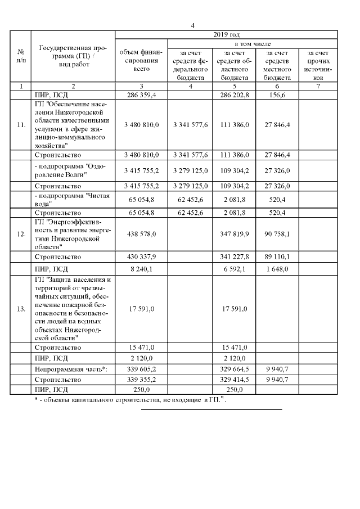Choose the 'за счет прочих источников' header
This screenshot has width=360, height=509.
tap(318, 65)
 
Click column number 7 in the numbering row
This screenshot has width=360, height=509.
tap(318, 86)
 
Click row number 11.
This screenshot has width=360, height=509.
tap(21, 125)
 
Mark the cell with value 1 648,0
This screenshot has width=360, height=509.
tap(276, 269)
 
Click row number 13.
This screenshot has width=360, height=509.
tap(21, 309)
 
